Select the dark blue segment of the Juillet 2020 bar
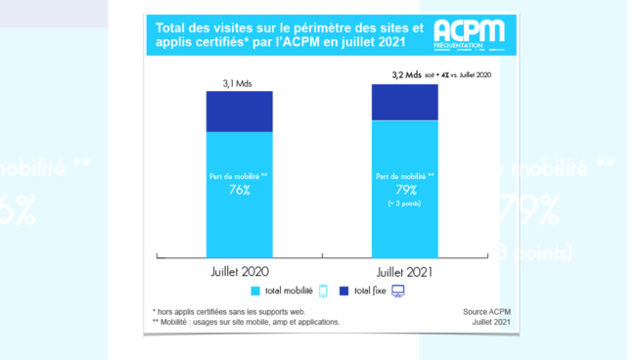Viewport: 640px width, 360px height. coord(239,112)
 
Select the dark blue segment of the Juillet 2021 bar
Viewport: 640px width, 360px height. coord(404,102)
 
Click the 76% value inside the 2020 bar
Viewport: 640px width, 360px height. coord(239,190)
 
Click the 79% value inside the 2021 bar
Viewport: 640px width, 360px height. coord(404,190)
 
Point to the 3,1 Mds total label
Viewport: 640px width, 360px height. coord(239,83)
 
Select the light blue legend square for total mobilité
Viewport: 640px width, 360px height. coord(256,291)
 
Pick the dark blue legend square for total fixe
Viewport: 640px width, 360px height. coord(343,291)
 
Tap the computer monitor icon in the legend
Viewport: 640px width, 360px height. coord(398,291)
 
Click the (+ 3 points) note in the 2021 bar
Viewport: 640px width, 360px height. coord(404,204)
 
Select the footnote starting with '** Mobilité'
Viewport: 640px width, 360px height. coord(246,322)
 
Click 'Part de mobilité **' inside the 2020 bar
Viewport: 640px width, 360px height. coord(239,176)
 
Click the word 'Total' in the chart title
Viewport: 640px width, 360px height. coord(172,25)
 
